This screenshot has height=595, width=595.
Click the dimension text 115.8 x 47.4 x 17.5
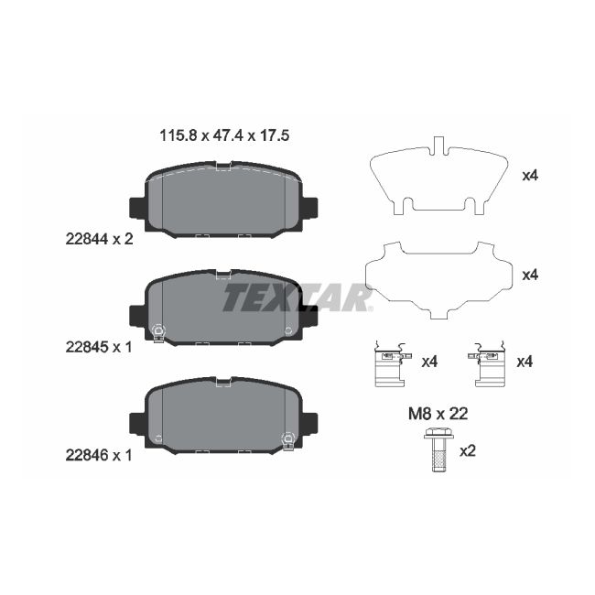(x=225, y=135)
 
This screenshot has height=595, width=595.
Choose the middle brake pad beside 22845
(x=223, y=308)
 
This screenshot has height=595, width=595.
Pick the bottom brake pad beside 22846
(x=223, y=416)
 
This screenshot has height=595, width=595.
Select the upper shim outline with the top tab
(x=438, y=178)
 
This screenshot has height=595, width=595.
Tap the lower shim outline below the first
(x=438, y=276)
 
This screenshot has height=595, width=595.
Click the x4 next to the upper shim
(x=530, y=175)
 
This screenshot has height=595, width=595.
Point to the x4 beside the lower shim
(x=530, y=274)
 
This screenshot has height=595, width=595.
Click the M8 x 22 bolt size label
(x=438, y=413)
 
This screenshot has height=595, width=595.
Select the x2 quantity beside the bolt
(x=468, y=450)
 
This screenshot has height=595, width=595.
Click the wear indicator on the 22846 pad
(x=289, y=438)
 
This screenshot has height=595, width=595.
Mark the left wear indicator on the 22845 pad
(x=157, y=331)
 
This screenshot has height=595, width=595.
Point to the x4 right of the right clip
(x=525, y=362)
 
